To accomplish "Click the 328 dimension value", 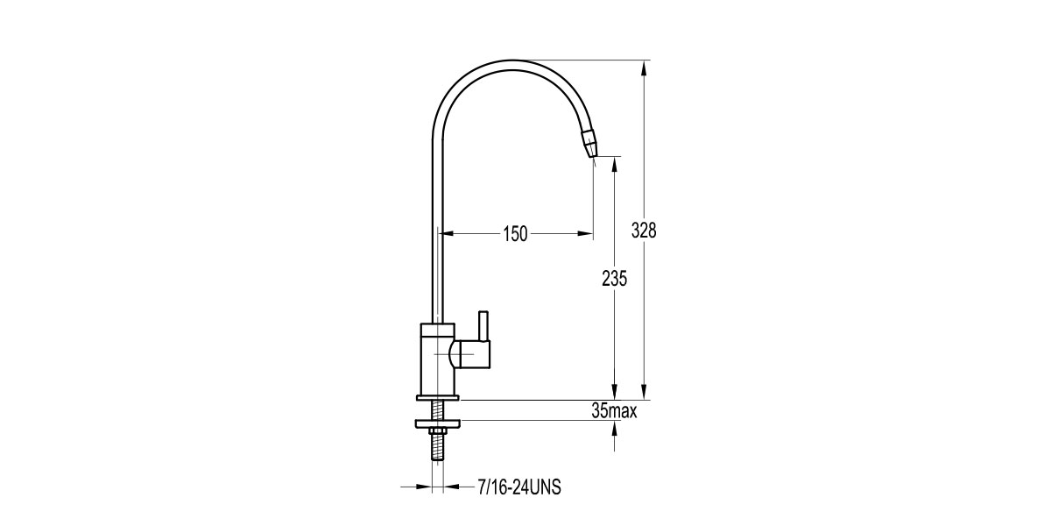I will pyautogui.click(x=644, y=231).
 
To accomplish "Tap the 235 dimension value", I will pyautogui.click(x=614, y=279).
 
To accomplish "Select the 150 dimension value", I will pyautogui.click(x=515, y=234).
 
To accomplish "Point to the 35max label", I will pyautogui.click(x=614, y=410).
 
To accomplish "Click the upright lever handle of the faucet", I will pyautogui.click(x=483, y=326).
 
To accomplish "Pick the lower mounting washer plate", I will pyautogui.click(x=438, y=424).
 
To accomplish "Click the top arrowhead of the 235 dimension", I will pyautogui.click(x=614, y=164).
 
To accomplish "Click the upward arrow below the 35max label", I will pyautogui.click(x=614, y=427).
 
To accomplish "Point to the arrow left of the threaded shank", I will pyautogui.click(x=424, y=486).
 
